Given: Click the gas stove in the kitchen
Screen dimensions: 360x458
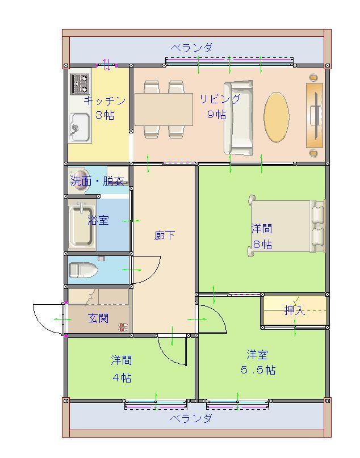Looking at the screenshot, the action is point(79,83).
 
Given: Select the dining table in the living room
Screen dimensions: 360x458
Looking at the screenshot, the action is point(164,109).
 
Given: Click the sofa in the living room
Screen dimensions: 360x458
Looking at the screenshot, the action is point(238,117).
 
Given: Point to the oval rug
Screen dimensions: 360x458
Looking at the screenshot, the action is point(277,117).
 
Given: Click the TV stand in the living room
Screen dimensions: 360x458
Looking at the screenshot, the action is point(315,115).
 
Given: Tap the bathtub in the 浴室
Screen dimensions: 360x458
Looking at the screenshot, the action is point(81,225).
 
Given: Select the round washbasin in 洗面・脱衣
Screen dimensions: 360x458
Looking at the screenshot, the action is point(79,180).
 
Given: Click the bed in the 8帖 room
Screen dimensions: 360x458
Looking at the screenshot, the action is point(287,226).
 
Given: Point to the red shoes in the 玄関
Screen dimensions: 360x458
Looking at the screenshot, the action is point(123,327).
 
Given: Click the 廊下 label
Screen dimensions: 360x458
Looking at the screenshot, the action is point(165,235).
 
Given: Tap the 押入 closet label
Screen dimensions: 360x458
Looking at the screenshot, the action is point(295,310).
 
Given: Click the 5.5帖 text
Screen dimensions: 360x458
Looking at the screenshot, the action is point(258,370).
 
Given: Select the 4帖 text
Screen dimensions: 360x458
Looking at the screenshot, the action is point(122,378).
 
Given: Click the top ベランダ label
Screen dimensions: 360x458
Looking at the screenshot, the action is point(192,48).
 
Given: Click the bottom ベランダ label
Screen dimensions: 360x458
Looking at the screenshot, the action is point(191,419).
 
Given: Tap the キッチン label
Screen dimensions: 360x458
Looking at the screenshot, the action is point(104,101).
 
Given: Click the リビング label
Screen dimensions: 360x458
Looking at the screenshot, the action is point(220,99).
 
